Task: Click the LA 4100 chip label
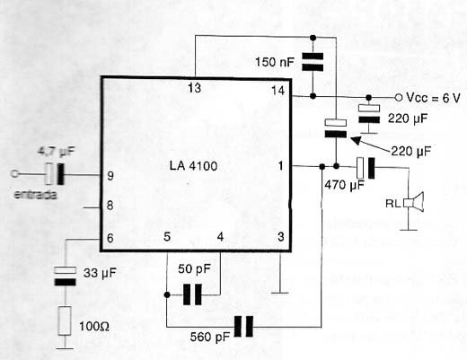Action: tap(193, 166)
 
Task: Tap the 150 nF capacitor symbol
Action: tap(313, 62)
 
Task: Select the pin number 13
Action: tap(195, 88)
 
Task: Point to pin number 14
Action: tap(278, 90)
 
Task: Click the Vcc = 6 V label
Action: tap(433, 98)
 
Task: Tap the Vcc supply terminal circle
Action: tap(399, 97)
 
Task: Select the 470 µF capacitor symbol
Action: tap(366, 169)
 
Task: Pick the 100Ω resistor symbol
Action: tap(65, 320)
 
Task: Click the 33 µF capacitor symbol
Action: tap(65, 277)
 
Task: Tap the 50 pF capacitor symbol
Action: tap(192, 294)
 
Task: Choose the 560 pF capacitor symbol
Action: tap(243, 327)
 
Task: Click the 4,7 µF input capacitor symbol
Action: tap(55, 173)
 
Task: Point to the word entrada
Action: tap(36, 195)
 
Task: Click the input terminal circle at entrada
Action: tap(14, 173)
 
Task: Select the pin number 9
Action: tap(110, 176)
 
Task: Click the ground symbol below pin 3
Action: tap(280, 293)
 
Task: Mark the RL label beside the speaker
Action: tap(392, 204)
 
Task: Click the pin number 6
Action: tap(110, 238)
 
